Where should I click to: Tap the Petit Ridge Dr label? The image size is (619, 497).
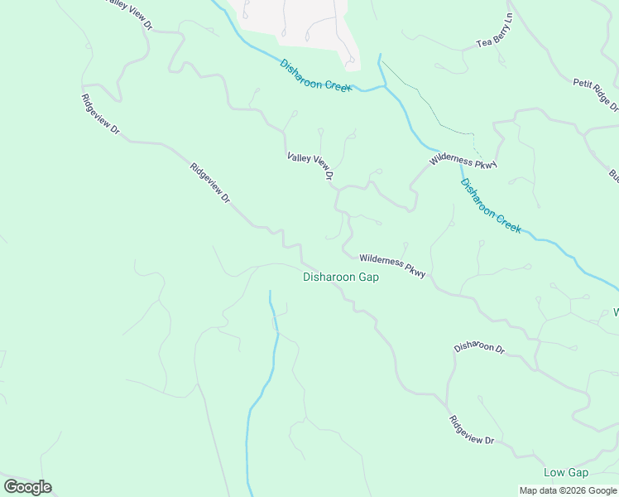[596, 94]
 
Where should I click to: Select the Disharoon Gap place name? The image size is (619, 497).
[341, 277]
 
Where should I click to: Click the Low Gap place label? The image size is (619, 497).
[566, 473]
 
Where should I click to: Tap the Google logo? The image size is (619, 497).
[27, 487]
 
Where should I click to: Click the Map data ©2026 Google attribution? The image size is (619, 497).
[569, 490]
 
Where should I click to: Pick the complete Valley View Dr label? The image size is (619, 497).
[310, 166]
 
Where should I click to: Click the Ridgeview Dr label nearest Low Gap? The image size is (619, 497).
[473, 430]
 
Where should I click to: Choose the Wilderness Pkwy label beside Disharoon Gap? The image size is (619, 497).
[392, 266]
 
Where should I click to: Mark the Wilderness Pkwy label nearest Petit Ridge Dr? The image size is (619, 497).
[463, 162]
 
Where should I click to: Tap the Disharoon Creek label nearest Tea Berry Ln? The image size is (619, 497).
[316, 75]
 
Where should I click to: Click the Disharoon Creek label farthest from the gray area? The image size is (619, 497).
[491, 206]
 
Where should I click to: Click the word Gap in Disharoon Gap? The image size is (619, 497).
[368, 277]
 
